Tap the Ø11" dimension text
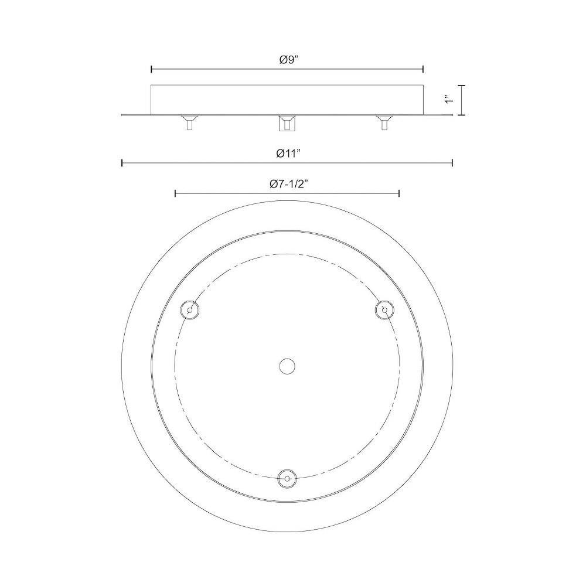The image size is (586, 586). tap(289, 154)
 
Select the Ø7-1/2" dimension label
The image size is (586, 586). tap(288, 184)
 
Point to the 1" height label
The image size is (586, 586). tap(449, 100)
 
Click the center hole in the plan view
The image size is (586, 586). tap(287, 366)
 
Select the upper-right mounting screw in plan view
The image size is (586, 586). tap(384, 310)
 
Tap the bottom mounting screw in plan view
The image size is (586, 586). tap(287, 479)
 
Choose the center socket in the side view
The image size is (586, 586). tap(287, 123)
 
